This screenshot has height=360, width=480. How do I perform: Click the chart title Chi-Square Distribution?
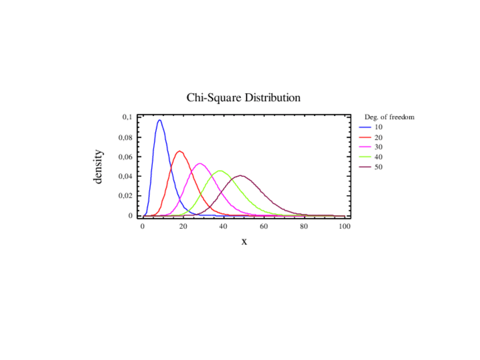pyautogui.click(x=243, y=98)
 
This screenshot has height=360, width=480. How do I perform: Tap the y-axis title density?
pyautogui.click(x=98, y=166)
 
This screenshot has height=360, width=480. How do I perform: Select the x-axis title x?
pyautogui.click(x=245, y=242)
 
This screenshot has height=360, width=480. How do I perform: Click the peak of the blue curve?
pyautogui.click(x=160, y=120)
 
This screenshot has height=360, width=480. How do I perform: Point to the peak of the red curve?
pyautogui.click(x=180, y=151)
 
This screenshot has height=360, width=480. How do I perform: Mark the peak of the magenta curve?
pyautogui.click(x=200, y=164)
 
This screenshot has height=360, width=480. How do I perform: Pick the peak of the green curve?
pyautogui.click(x=220, y=171)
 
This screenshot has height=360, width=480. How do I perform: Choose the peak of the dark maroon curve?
pyautogui.click(x=241, y=175)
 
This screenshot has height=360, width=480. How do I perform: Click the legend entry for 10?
pyautogui.click(x=379, y=127)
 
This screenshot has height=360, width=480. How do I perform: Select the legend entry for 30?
pyautogui.click(x=379, y=147)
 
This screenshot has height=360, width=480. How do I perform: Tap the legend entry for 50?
pyautogui.click(x=379, y=167)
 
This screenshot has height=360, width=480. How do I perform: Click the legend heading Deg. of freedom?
pyautogui.click(x=389, y=117)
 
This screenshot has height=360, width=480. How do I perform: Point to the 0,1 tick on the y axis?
pyautogui.click(x=127, y=117)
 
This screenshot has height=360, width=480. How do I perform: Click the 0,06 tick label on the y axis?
pyautogui.click(x=126, y=157)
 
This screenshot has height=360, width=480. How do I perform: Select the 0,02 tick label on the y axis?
pyautogui.click(x=126, y=196)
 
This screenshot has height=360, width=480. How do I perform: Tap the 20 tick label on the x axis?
pyautogui.click(x=183, y=226)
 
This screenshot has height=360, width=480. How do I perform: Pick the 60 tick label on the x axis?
pyautogui.click(x=264, y=226)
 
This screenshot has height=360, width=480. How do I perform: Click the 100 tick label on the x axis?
pyautogui.click(x=344, y=226)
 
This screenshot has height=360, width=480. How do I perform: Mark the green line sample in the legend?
pyautogui.click(x=365, y=157)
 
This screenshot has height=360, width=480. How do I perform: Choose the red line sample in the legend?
pyautogui.click(x=365, y=138)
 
